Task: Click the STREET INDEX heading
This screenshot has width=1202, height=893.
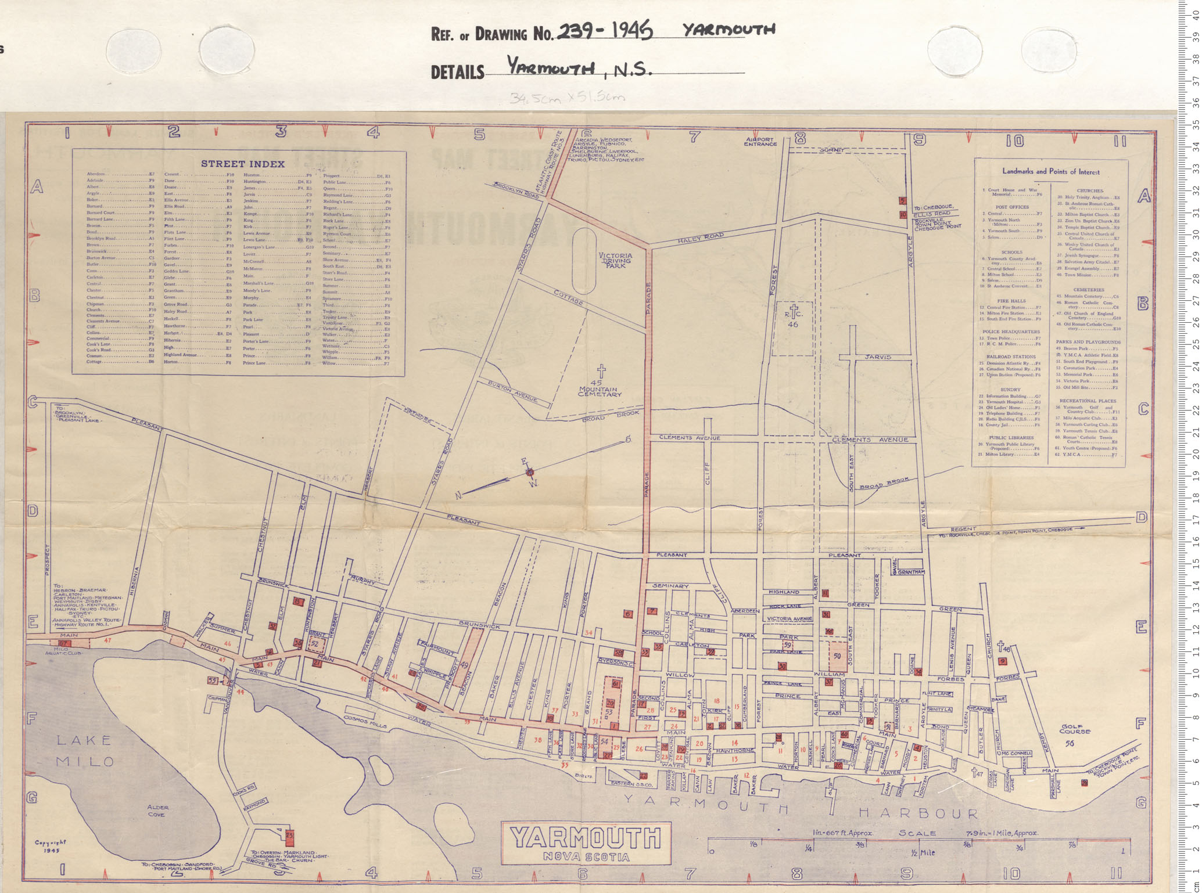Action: pyautogui.click(x=242, y=164)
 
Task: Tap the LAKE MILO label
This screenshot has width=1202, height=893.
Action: pyautogui.click(x=84, y=750)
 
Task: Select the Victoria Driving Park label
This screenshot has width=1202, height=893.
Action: pyautogui.click(x=615, y=260)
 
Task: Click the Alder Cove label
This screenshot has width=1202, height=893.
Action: pyautogui.click(x=157, y=811)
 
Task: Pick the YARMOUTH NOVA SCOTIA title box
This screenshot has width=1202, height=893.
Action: pyautogui.click(x=586, y=842)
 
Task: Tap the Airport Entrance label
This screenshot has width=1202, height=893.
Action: pyautogui.click(x=760, y=141)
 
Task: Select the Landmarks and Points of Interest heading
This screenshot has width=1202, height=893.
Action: pyautogui.click(x=1050, y=171)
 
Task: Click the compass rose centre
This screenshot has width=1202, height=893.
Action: pyautogui.click(x=529, y=472)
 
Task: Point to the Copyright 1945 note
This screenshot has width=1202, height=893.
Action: pyautogui.click(x=51, y=846)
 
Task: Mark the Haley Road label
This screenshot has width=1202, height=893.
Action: pyautogui.click(x=700, y=237)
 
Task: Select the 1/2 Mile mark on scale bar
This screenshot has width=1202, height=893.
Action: pyautogui.click(x=922, y=852)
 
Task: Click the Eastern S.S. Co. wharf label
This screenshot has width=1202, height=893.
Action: pyautogui.click(x=632, y=784)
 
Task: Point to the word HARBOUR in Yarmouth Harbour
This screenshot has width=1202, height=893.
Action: pyautogui.click(x=918, y=813)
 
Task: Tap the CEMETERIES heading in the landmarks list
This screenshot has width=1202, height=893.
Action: pyautogui.click(x=1088, y=290)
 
